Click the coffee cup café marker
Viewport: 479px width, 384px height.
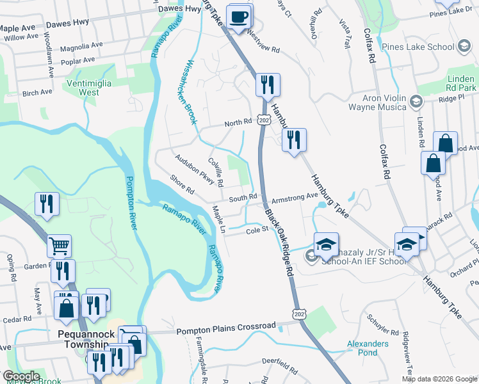click(239, 17)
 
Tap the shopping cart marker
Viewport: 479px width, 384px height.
click(59, 245)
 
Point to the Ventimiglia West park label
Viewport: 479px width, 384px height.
click(89, 88)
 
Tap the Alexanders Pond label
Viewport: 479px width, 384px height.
click(368, 348)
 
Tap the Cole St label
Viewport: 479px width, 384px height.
click(257, 232)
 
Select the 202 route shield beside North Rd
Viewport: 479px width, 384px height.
click(264, 120)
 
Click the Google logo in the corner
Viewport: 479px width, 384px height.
click(20, 376)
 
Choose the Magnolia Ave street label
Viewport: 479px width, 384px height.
click(81, 47)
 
